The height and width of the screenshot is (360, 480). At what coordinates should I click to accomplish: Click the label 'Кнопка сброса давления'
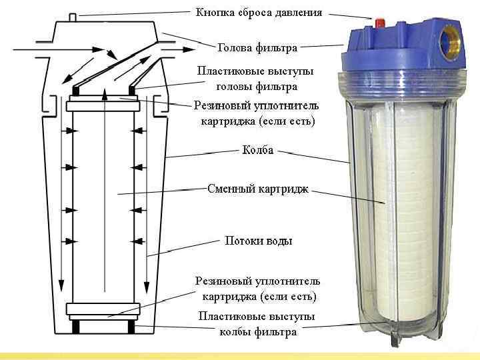[258, 13]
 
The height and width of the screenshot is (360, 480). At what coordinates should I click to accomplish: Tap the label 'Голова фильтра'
[257, 48]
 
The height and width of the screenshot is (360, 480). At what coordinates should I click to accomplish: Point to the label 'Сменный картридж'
[258, 189]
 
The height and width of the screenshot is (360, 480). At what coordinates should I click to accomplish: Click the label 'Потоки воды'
[259, 240]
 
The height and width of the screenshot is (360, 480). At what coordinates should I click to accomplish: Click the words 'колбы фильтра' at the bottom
[258, 331]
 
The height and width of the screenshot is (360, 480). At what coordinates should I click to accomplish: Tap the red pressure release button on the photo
[380, 23]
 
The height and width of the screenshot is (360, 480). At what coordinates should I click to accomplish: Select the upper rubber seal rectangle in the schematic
[103, 103]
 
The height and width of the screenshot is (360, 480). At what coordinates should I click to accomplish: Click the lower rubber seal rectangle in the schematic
[103, 309]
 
